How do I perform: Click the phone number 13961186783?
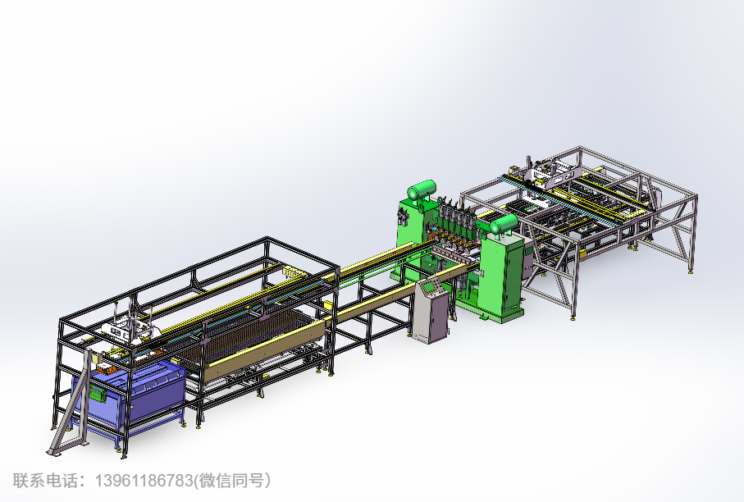coord(144,481)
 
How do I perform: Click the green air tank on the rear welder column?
coord(422,189)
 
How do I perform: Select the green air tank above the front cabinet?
coord(504,223)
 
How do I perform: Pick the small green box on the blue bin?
coord(98,393)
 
